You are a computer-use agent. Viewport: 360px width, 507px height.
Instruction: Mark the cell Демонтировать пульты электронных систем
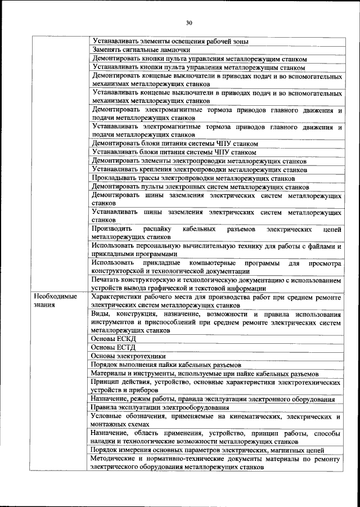coord(200,186)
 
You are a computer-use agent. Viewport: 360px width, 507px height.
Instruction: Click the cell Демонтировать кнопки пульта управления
coord(199,58)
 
